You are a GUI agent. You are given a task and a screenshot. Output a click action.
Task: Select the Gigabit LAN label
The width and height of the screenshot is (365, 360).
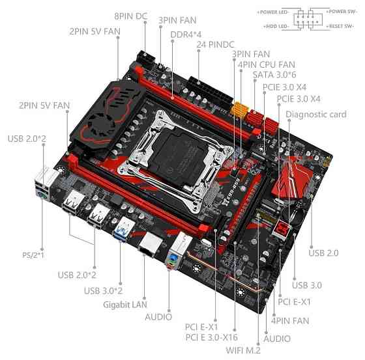124,303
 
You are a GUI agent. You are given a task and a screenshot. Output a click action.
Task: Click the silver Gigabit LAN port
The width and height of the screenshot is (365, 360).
148,244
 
